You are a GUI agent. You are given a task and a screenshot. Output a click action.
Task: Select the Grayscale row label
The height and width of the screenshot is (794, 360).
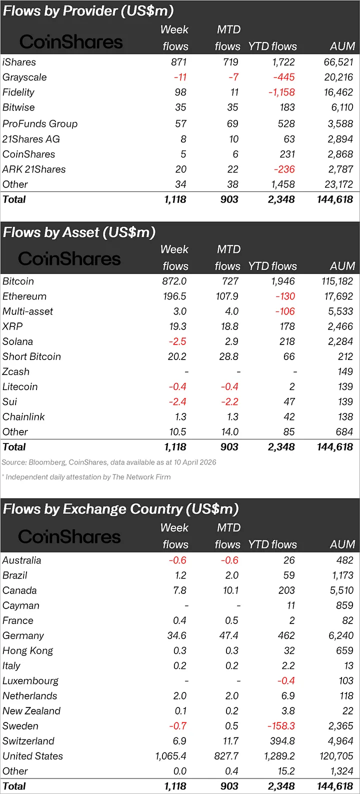pos(24,77)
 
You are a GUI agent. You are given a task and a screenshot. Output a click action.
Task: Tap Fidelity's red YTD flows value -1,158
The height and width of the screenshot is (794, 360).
pos(281,92)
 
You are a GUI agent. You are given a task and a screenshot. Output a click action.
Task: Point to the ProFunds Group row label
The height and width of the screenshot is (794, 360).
pos(40,124)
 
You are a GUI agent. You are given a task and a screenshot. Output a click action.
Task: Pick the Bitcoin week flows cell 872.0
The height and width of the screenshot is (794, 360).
pos(174,281)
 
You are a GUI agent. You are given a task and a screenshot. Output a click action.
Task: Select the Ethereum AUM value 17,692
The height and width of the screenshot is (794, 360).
pos(338,296)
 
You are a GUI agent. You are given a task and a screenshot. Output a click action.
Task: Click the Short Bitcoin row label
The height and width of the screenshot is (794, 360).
pos(31,357)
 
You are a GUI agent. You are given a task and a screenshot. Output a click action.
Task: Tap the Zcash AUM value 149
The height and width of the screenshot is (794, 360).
pos(345,372)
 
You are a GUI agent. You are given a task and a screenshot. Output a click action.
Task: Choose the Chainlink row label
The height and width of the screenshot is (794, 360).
pos(23,417)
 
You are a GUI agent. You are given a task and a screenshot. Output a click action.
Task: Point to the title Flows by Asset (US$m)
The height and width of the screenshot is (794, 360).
pos(79,232)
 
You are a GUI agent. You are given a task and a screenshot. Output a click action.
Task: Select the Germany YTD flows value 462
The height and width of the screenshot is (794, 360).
pos(286,636)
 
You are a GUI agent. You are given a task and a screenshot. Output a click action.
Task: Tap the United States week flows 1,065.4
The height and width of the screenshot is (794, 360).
pos(170,756)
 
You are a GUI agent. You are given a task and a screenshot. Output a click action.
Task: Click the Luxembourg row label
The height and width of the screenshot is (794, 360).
pos(30,681)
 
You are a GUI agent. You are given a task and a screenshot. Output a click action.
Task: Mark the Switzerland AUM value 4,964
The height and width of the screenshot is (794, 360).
pos(340,741)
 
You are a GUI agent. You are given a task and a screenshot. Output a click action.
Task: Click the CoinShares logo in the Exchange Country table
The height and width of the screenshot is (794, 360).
pos(69,537)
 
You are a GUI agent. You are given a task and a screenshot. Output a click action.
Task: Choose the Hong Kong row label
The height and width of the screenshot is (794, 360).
pos(27,651)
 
